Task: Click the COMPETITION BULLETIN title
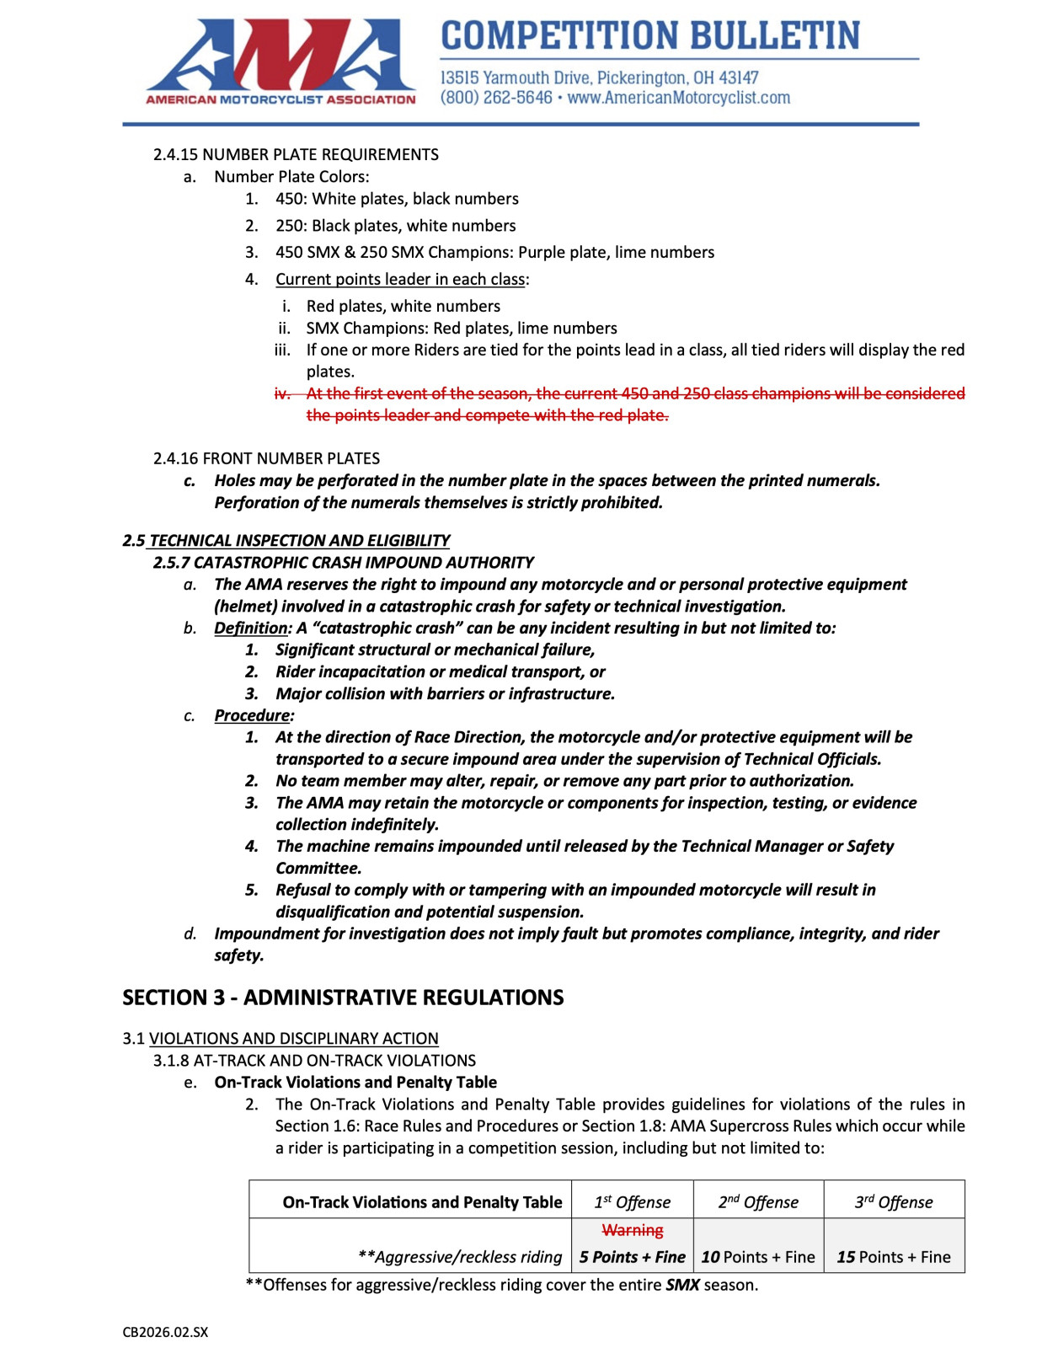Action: (650, 35)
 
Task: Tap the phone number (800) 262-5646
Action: (495, 98)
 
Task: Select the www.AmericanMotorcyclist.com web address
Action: (679, 98)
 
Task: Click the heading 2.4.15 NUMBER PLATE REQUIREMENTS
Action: (296, 154)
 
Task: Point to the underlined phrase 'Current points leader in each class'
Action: (400, 279)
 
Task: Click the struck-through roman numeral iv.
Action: (282, 393)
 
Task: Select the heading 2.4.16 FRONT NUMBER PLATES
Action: (266, 458)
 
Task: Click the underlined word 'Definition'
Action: (251, 628)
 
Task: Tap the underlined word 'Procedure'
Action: (252, 715)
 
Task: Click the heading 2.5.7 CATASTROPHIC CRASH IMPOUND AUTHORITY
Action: (344, 562)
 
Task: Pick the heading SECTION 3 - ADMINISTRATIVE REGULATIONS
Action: (343, 998)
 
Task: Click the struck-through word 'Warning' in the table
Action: (633, 1230)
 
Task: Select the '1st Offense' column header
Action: (633, 1201)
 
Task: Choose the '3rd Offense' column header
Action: (894, 1201)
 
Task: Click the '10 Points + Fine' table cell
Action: (758, 1257)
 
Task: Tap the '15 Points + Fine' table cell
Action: (894, 1257)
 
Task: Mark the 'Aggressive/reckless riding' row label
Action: (460, 1257)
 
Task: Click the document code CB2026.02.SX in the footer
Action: (165, 1332)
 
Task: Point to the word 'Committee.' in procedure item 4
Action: (318, 868)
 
